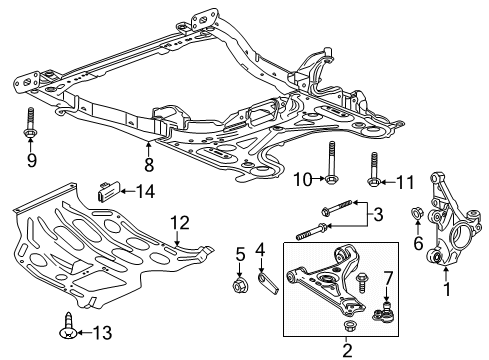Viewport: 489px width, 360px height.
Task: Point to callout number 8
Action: pos(259,249)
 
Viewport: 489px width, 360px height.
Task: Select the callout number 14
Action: pos(300,180)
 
